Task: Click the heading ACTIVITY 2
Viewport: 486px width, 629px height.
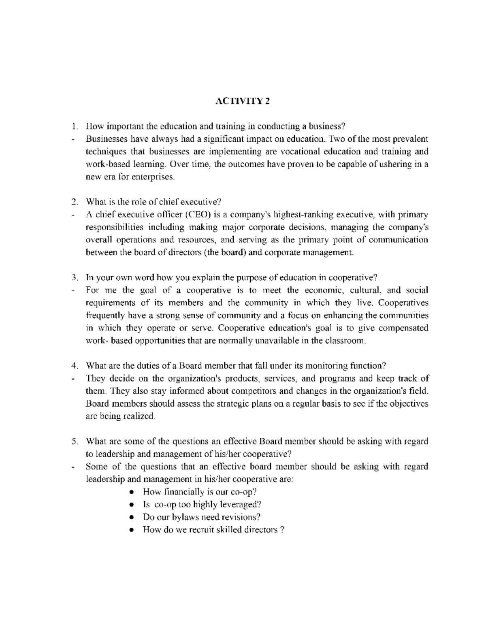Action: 242,101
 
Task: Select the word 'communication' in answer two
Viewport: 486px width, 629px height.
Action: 399,240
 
